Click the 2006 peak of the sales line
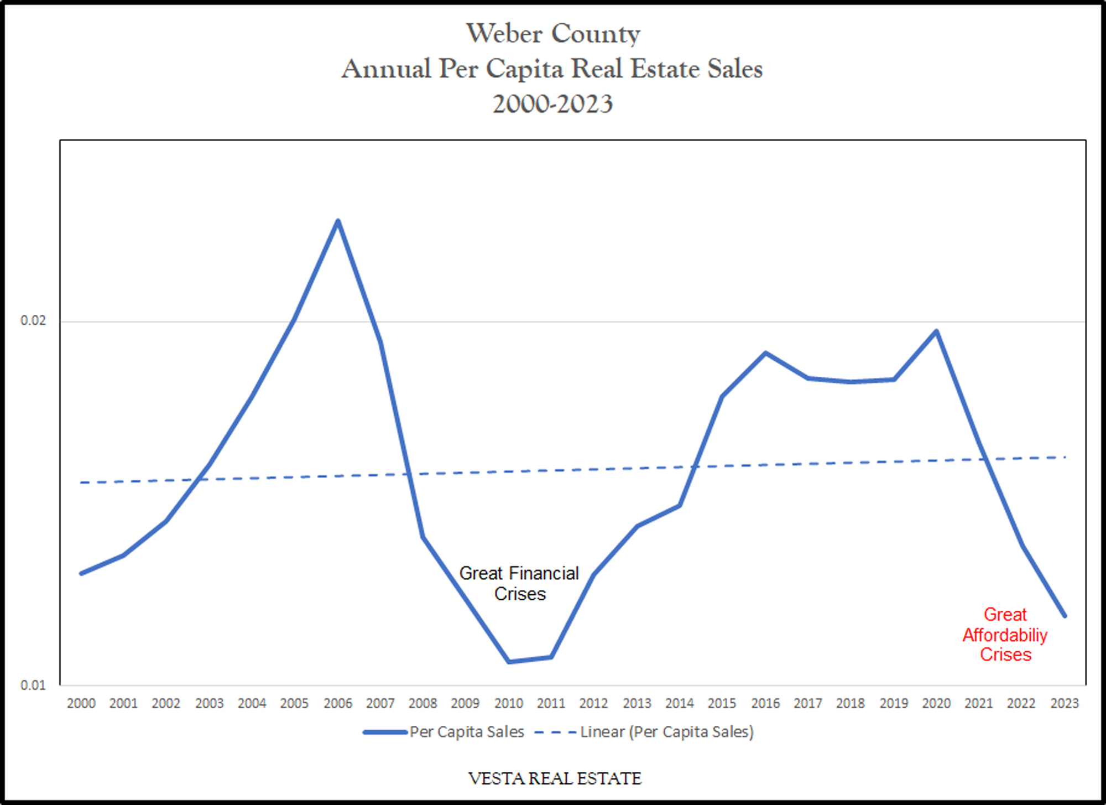pos(338,221)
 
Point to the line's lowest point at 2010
pos(509,661)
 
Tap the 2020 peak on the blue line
pos(936,331)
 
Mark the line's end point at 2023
pos(1065,615)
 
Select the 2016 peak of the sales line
pos(765,353)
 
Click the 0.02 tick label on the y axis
pos(33,320)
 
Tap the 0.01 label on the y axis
pos(33,685)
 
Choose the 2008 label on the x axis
pos(422,703)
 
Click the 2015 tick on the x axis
pos(722,703)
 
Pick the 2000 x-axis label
pos(81,703)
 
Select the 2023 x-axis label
pos(1065,703)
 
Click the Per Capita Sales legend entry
pos(466,732)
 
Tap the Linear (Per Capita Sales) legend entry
pos(666,732)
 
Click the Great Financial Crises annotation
pos(519,583)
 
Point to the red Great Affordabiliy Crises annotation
pos(1005,635)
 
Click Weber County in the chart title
pos(553,33)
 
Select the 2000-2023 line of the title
pos(553,104)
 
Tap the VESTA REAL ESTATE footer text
pos(555,778)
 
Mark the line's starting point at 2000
pos(81,573)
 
